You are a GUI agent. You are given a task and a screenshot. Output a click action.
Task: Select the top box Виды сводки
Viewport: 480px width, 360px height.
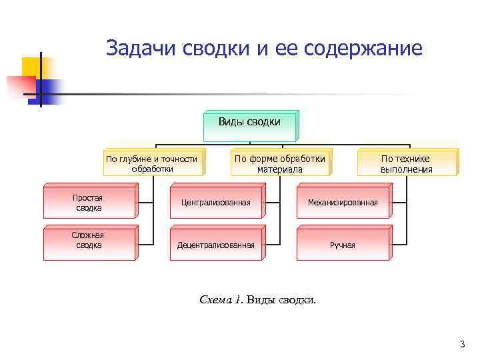click(249, 125)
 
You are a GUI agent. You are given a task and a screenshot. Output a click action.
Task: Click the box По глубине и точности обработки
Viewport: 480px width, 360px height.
click(152, 163)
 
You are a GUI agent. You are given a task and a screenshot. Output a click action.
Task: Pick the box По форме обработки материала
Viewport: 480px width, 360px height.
click(280, 163)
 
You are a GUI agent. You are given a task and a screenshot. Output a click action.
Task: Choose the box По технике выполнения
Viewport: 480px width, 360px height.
click(406, 163)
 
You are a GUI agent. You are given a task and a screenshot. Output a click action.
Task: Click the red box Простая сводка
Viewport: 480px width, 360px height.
click(89, 203)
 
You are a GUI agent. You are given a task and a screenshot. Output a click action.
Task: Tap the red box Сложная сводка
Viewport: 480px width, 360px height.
click(89, 241)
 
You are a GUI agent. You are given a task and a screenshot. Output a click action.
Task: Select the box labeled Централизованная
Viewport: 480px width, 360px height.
click(215, 203)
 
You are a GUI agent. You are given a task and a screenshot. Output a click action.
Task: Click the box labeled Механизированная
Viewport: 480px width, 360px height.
click(342, 203)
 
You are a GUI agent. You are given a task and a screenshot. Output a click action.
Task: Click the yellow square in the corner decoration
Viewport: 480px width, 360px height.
click(31, 67)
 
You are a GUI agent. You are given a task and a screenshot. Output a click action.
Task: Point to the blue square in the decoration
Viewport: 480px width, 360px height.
click(51, 88)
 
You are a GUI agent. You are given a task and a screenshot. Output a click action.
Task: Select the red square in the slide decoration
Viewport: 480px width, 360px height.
click(20, 87)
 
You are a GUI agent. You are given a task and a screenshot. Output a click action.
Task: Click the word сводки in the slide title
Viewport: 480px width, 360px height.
click(212, 49)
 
